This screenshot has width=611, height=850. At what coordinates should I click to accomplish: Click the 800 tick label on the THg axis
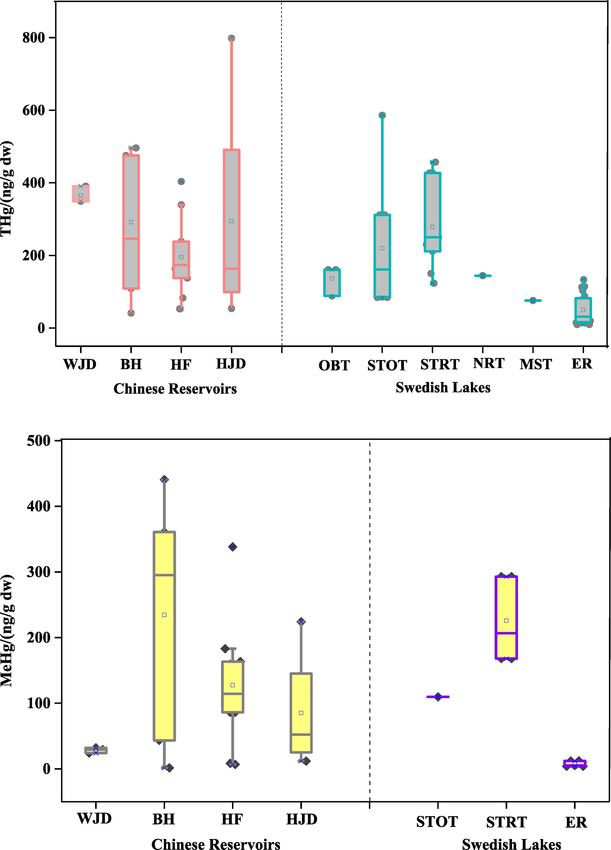[x=33, y=38]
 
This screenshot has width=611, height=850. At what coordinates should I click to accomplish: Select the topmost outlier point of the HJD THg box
[x=231, y=38]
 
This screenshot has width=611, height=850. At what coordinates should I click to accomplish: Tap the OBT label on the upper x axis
[x=334, y=365]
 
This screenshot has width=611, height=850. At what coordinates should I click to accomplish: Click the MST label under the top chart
[x=535, y=364]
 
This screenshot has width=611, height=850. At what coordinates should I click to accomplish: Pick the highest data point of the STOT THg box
[x=382, y=115]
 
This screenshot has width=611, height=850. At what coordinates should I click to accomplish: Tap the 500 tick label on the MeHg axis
[x=39, y=441]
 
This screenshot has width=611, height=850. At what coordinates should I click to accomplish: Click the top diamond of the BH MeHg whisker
[x=164, y=479]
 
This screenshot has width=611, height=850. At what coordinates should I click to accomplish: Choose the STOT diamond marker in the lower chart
[x=438, y=697]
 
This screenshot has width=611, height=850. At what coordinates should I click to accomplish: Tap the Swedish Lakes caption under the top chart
[x=443, y=388]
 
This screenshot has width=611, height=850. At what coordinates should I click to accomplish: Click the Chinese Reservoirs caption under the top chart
[x=175, y=389]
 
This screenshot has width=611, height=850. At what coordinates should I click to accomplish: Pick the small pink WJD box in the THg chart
[x=81, y=194]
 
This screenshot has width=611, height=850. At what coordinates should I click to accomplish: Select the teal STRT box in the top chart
[x=432, y=212]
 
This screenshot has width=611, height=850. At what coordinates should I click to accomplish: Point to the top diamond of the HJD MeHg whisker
[x=301, y=622]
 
